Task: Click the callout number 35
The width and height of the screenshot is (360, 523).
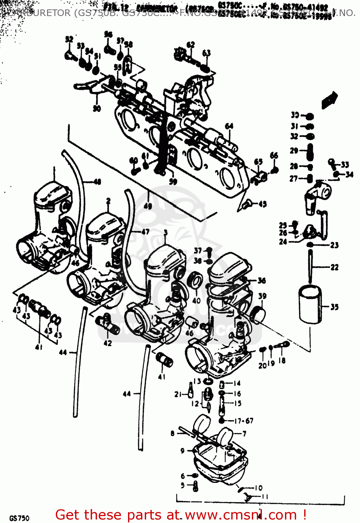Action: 335,307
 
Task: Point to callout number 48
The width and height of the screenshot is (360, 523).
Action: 97,181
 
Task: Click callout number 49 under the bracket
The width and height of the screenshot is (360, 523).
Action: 148,206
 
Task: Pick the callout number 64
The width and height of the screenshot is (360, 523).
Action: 229,126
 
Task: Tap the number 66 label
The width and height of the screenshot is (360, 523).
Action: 274,156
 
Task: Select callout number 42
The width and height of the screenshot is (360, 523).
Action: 108,343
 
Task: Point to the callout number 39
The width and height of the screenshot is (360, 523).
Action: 262,296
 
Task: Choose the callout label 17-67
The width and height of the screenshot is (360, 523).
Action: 243,421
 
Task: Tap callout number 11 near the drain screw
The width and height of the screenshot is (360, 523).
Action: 265,497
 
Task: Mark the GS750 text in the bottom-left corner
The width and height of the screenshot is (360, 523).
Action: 20,518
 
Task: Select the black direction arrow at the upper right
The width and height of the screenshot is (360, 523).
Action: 330,100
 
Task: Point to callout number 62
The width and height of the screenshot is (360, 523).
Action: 190,45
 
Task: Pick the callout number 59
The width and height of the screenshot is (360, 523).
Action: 173,181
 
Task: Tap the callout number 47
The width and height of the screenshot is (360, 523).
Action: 145,232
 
